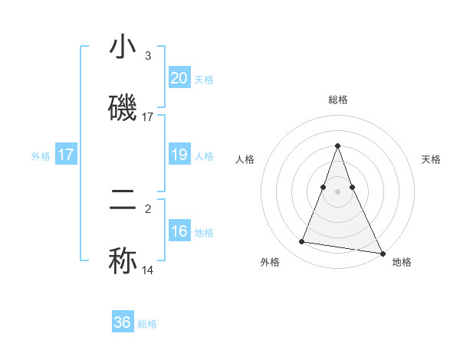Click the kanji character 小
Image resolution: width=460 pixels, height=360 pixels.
(x=123, y=47)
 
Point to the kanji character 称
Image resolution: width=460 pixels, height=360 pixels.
(x=123, y=260)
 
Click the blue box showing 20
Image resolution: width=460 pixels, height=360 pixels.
(x=179, y=78)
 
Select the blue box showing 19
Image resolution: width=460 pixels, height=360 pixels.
(x=179, y=155)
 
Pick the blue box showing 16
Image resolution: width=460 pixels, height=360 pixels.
(x=179, y=231)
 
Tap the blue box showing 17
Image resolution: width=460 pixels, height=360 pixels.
(x=66, y=155)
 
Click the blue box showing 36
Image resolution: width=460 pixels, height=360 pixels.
(x=123, y=322)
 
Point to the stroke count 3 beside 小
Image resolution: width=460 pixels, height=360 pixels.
(x=148, y=56)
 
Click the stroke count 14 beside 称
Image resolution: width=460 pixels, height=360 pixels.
(x=147, y=270)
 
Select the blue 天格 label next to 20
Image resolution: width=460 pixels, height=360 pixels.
(x=204, y=80)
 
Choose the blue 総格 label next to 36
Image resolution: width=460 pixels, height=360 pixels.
(x=147, y=324)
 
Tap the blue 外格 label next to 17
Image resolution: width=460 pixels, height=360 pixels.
(x=41, y=156)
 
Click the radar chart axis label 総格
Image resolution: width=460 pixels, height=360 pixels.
(x=338, y=100)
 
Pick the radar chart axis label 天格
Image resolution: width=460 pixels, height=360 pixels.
(x=431, y=159)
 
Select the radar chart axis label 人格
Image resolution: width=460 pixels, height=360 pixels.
(x=245, y=159)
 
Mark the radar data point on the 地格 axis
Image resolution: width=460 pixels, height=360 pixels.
(x=383, y=250)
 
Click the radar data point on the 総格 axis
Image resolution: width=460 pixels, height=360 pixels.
(x=338, y=146)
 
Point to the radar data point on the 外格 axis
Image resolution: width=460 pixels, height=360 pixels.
(x=301, y=242)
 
